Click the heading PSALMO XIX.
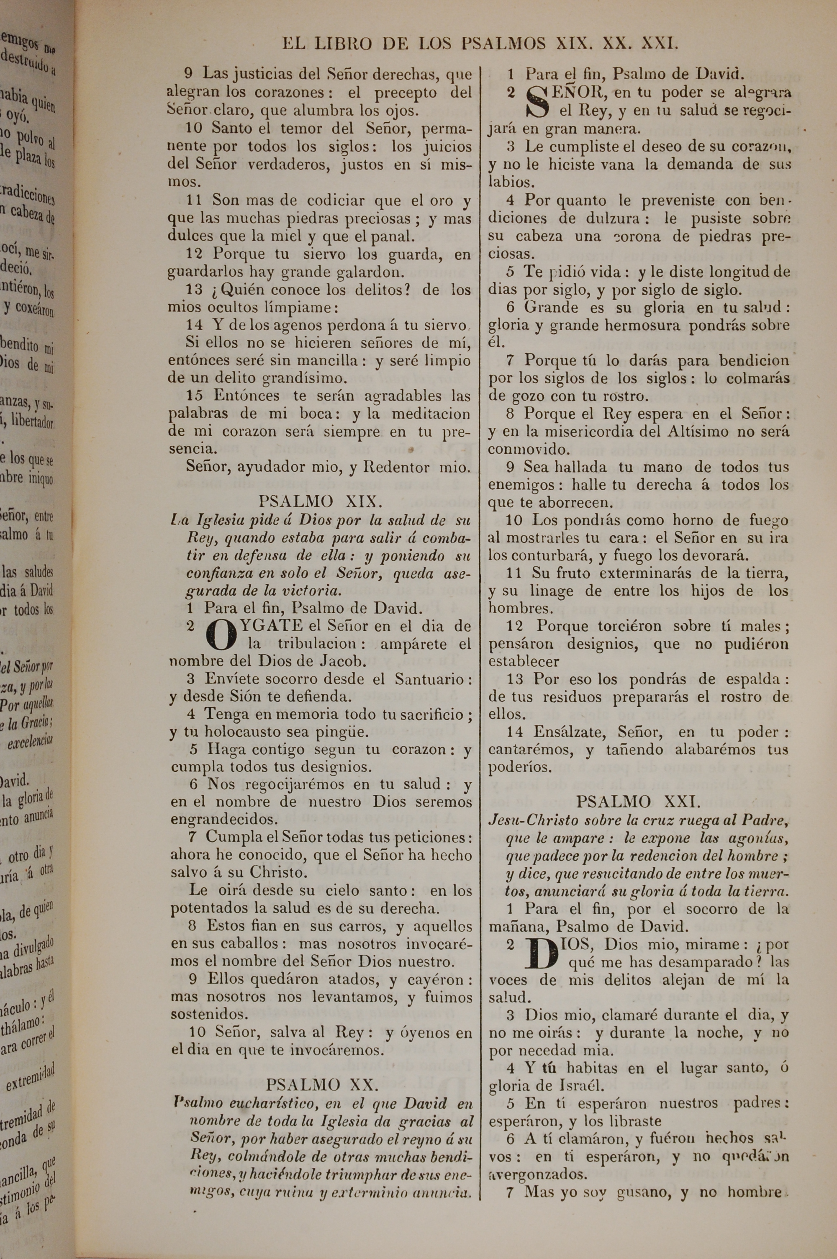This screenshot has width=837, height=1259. tap(320, 502)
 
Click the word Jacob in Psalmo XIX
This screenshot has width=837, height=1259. tap(343, 661)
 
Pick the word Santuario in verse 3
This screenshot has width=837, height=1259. tap(430, 679)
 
